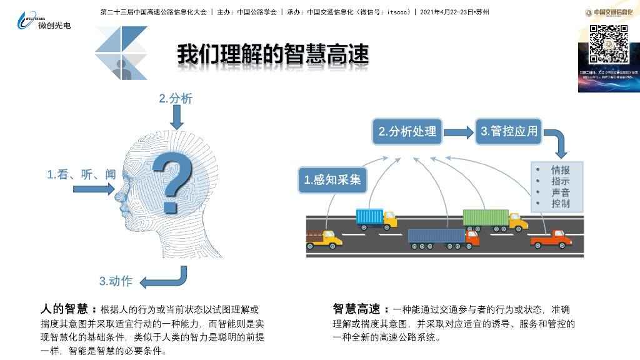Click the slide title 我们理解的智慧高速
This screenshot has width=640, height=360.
pos(272,54)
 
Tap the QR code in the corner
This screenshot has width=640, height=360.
pos(609,43)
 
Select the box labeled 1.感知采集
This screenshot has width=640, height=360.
pos(332,180)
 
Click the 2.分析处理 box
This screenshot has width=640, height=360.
pos(407,131)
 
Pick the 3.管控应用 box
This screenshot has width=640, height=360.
pos(509,131)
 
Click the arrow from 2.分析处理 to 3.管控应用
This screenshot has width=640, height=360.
pos(459,132)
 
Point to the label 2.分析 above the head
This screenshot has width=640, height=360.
pos(176,98)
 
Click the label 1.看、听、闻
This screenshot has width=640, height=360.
pos(81,175)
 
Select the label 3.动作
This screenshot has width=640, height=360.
pos(116,281)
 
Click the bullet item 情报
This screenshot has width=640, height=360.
pos(560,170)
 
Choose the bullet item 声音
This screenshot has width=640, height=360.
pos(560,192)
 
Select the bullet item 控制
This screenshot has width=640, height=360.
pos(560,204)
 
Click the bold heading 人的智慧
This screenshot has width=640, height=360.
pos(67,309)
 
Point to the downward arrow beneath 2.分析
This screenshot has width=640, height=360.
pos(177,117)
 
